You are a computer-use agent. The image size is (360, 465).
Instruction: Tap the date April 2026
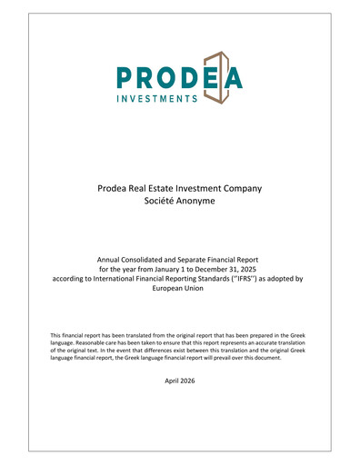(180, 381)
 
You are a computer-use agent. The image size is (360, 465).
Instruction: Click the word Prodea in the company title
(114, 188)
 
